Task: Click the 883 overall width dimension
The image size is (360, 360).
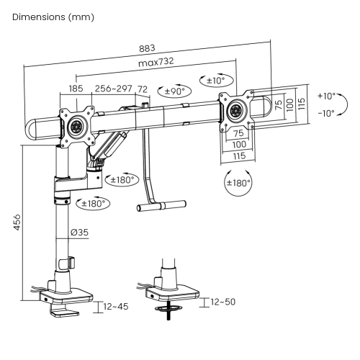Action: [147, 48]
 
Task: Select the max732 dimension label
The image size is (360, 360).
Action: [156, 62]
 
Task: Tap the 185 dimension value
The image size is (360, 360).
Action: [76, 89]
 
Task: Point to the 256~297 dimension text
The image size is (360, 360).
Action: [114, 89]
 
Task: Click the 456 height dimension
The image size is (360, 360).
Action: [17, 222]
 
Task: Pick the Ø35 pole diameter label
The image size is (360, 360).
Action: [79, 232]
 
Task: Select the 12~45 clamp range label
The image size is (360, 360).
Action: [116, 307]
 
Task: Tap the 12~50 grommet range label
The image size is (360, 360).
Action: [223, 302]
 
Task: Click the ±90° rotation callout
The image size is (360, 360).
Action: [174, 91]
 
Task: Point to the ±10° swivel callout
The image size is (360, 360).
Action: [217, 81]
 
